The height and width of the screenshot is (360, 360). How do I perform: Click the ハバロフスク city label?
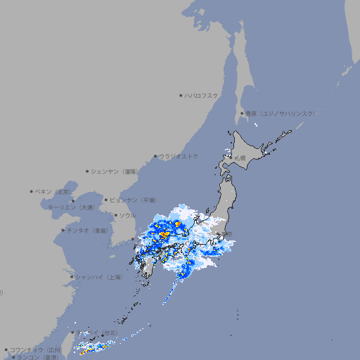202,95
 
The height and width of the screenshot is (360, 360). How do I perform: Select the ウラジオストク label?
179,156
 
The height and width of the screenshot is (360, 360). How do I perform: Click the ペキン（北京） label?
54,191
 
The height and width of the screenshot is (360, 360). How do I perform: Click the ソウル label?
127,215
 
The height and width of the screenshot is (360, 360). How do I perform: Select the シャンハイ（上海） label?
99,277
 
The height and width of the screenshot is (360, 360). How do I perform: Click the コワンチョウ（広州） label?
36,349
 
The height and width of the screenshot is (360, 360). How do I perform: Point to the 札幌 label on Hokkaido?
240,158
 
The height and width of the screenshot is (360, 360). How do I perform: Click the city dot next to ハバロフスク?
181,95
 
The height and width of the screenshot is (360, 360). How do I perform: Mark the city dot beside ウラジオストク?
155,156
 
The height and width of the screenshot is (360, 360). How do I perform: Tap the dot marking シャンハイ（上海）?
72,277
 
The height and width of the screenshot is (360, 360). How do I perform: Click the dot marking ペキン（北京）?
32,191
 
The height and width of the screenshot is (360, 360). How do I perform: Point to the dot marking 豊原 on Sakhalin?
242,113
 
